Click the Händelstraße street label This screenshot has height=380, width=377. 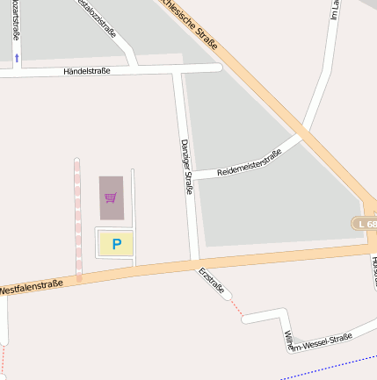tap(87, 70)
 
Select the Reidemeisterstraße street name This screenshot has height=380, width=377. tap(249, 161)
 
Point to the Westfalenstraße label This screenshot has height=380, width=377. tap(32, 286)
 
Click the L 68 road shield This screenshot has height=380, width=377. tap(366, 225)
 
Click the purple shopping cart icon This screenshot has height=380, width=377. tap(111, 197)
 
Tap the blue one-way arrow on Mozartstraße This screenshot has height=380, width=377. tap(18, 58)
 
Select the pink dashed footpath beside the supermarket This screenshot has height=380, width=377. tap(77, 219)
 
